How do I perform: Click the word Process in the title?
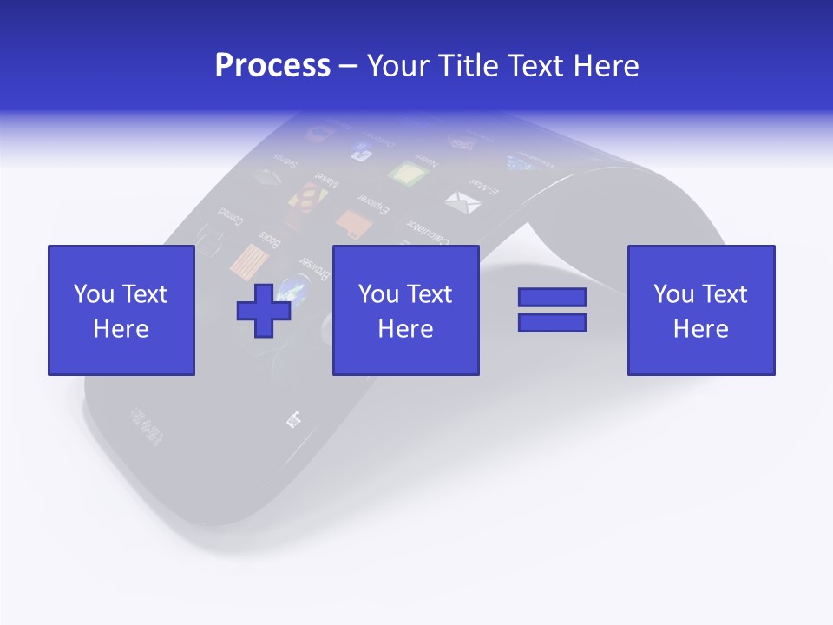272,65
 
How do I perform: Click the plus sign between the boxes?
264,310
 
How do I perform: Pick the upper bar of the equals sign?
552,297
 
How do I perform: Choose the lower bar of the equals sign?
552,322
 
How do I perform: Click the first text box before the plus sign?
121,310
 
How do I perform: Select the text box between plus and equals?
405,310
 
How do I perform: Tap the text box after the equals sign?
700,310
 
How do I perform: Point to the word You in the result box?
672,294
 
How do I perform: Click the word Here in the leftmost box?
121,329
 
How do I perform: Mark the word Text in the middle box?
430,294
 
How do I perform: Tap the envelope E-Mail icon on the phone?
462,203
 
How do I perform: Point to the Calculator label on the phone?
426,232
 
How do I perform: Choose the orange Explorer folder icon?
354,225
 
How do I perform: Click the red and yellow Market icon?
304,201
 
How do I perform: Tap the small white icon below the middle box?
295,419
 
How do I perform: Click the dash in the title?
349,66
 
